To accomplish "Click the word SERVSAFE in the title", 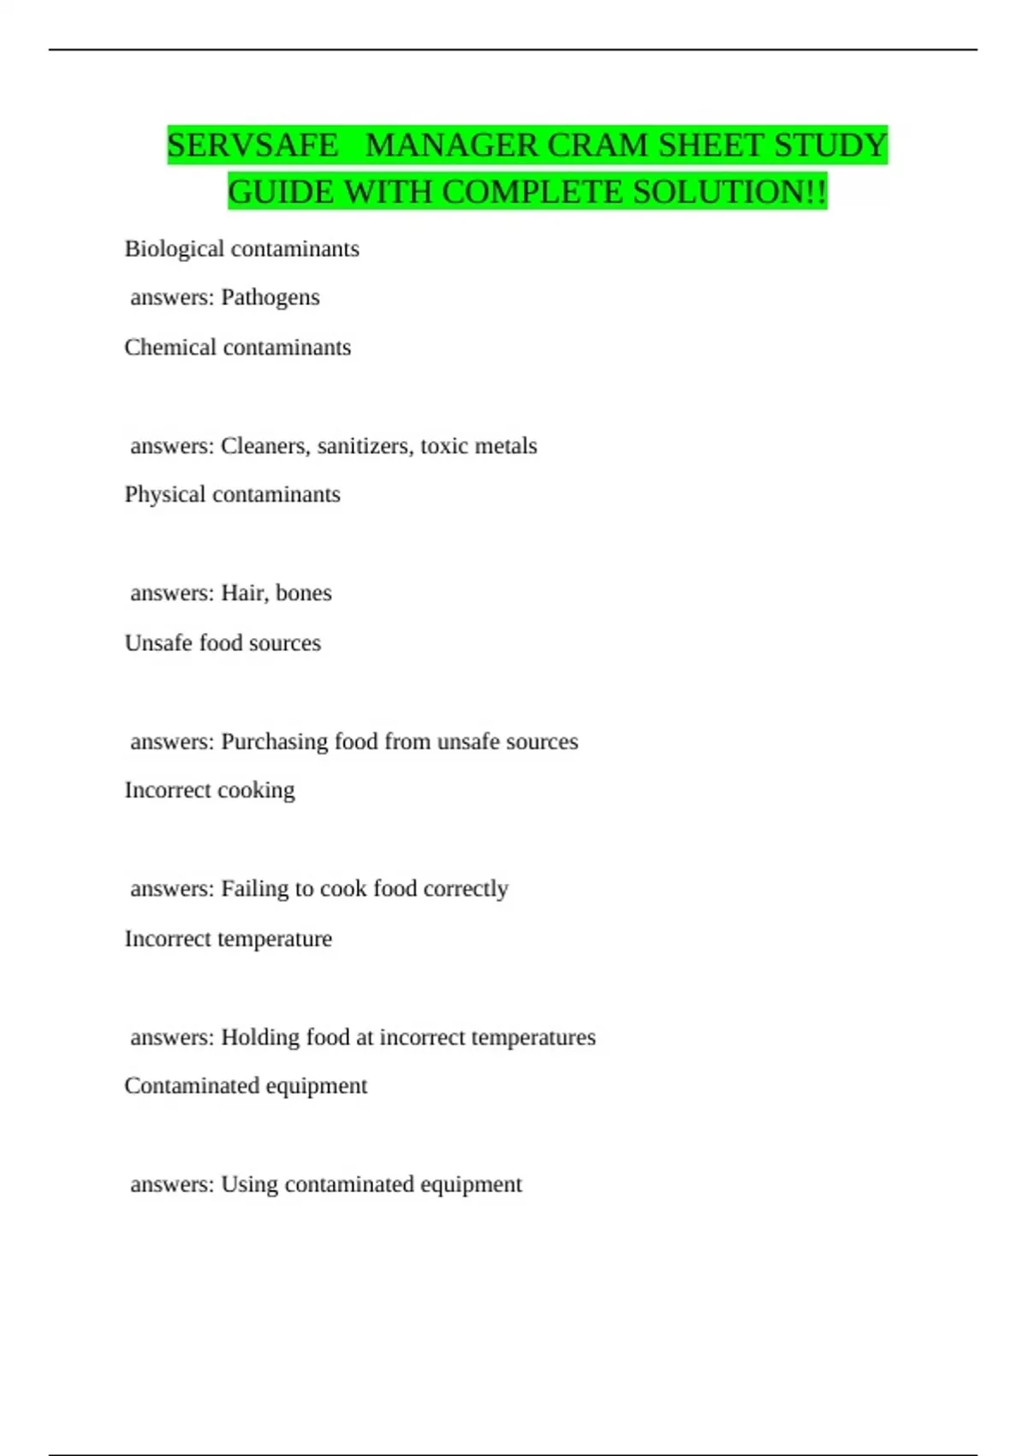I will tap(252, 146).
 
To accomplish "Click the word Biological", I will tap(175, 249).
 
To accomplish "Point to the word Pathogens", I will tap(270, 298).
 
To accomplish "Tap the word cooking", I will tap(257, 791).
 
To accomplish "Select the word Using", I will tap(249, 1184).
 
